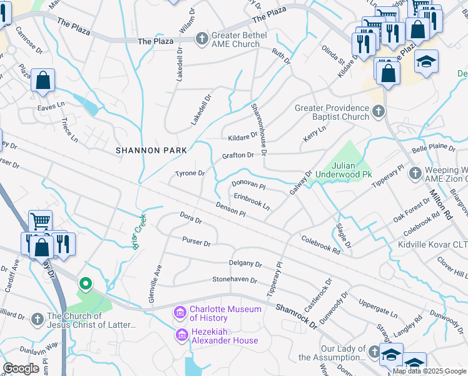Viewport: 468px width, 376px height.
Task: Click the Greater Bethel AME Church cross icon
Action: tap(201, 39)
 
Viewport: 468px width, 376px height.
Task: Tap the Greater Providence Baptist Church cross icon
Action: tap(377, 112)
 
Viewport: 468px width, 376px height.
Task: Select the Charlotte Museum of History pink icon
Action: tap(180, 312)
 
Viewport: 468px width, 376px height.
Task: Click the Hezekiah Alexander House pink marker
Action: tap(182, 336)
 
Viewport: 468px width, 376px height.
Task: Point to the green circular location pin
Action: tap(85, 285)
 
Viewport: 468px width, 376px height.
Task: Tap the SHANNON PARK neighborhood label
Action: tap(151, 150)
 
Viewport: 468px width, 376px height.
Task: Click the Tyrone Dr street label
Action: tap(190, 173)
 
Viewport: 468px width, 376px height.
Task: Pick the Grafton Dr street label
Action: tap(238, 155)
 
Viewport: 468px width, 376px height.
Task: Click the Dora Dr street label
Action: tap(191, 220)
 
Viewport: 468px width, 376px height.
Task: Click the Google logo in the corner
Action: tap(21, 368)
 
